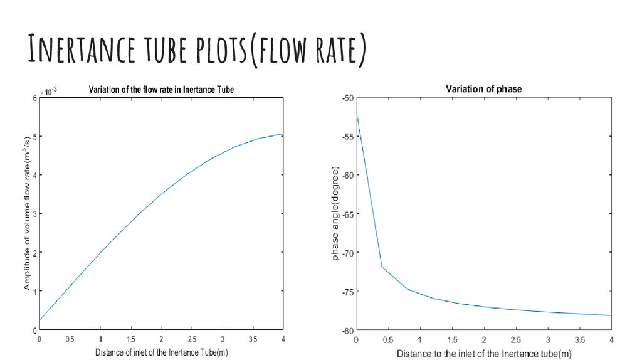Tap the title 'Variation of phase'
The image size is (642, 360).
tap(483, 89)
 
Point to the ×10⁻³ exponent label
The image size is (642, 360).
tap(48, 92)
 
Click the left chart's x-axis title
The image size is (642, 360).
tap(161, 352)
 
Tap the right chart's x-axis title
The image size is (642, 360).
tap(483, 354)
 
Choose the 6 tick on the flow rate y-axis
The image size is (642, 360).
tap(34, 98)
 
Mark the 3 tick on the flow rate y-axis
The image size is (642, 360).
tap(34, 214)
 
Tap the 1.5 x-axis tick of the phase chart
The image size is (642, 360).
tap(451, 339)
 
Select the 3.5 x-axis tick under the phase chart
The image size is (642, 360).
tap(579, 339)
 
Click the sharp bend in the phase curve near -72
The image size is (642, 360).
tap(382, 267)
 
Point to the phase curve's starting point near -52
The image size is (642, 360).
tap(356, 112)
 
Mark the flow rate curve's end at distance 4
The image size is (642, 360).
tap(283, 134)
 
